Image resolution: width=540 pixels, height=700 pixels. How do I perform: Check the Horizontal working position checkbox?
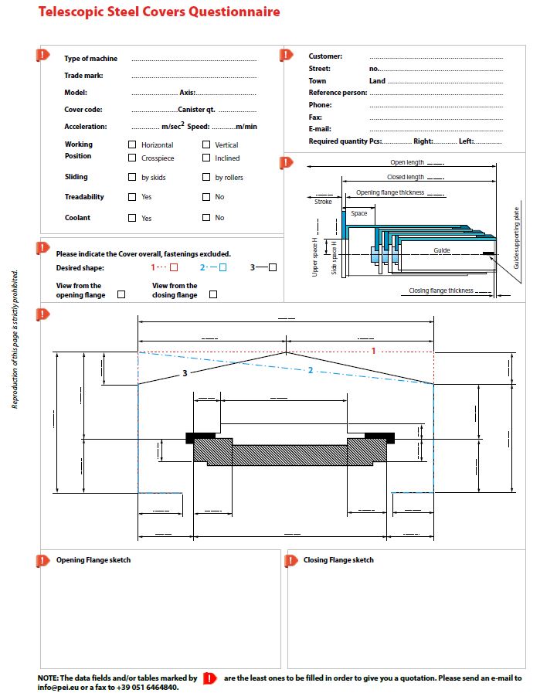(x=132, y=144)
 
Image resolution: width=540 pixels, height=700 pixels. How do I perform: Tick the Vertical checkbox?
(x=206, y=144)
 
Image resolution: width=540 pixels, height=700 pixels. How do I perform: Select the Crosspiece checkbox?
(x=132, y=158)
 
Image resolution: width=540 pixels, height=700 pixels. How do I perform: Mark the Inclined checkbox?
(x=206, y=158)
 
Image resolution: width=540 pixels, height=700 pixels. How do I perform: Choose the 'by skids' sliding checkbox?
(x=132, y=177)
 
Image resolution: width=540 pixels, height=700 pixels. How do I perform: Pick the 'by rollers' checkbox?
(x=206, y=177)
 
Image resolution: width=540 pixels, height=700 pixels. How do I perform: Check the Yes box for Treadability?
(x=132, y=197)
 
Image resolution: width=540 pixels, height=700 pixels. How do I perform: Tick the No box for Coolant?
(x=206, y=218)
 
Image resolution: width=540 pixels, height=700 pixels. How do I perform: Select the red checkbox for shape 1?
(x=174, y=267)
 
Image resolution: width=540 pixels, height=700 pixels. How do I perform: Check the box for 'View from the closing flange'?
(x=213, y=294)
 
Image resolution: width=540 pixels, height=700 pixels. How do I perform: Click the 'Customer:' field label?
(x=325, y=56)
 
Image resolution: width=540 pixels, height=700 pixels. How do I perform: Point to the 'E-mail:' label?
(x=320, y=129)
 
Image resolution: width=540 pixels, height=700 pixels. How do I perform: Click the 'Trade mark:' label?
(x=83, y=76)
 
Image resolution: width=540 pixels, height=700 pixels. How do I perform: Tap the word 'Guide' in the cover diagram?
(x=441, y=250)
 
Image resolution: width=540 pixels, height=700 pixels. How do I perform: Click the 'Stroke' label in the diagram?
(x=323, y=201)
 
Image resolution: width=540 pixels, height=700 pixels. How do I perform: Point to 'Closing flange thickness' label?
(x=441, y=291)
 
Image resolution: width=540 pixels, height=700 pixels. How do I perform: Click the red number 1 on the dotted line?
(x=373, y=352)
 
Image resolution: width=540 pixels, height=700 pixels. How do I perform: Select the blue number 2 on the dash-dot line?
(x=311, y=370)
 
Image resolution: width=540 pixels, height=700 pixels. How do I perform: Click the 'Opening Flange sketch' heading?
(x=93, y=560)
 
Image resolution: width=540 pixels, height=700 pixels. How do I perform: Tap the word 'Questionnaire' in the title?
(x=229, y=12)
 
